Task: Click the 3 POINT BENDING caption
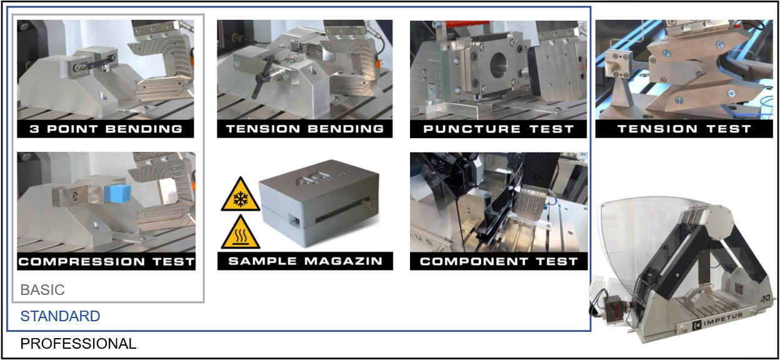[x=106, y=129]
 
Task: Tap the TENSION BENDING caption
[x=305, y=129]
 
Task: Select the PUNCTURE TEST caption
[x=499, y=129]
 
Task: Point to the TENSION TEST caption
[x=684, y=129]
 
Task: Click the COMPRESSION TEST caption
[x=106, y=261]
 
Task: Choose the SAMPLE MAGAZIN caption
[x=306, y=261]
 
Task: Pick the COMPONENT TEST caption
[x=499, y=261]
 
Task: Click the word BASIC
[x=42, y=289]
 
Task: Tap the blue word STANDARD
[x=60, y=316]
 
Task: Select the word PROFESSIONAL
[x=78, y=344]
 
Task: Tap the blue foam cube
[x=117, y=194]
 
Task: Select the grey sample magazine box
[x=319, y=202]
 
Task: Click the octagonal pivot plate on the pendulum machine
[x=718, y=223]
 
